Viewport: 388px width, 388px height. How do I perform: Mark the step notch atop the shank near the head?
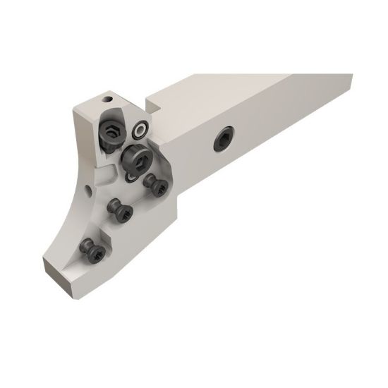click(157, 105)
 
